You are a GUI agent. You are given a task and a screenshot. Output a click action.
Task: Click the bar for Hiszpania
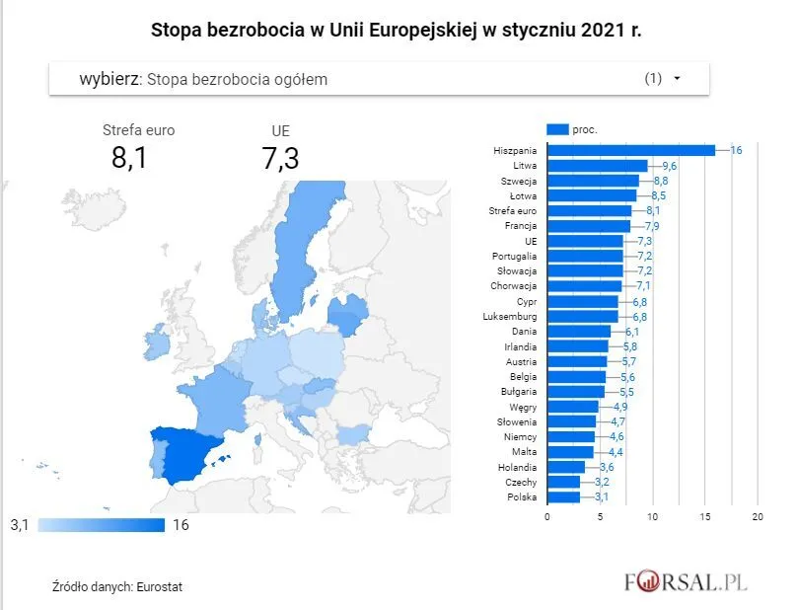[x=631, y=150]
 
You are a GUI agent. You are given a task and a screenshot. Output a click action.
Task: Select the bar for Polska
[x=564, y=496]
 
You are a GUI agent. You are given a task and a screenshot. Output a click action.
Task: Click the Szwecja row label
[x=519, y=181]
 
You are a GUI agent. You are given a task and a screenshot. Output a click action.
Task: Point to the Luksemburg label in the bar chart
[x=511, y=317]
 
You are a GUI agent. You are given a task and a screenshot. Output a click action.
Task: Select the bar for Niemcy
[x=571, y=436]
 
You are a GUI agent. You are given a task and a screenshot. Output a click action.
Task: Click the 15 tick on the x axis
[x=705, y=516]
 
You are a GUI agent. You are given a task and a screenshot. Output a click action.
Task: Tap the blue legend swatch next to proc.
[x=557, y=128]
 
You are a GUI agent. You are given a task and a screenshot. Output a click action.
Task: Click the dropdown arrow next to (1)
[x=677, y=79]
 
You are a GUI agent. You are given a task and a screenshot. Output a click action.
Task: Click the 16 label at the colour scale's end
[x=180, y=525]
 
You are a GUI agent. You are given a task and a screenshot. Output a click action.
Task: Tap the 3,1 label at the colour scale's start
[x=21, y=525]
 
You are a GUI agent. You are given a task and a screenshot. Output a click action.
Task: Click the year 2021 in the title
[x=600, y=30]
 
